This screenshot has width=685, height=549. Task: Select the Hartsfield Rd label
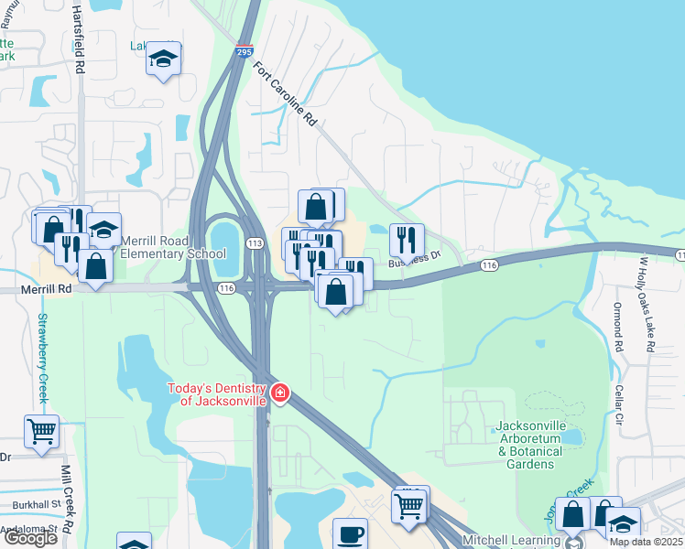pos(80,41)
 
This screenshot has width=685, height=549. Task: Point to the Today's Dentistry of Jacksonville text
pos(216,394)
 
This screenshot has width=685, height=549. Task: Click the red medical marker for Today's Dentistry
pos(280,395)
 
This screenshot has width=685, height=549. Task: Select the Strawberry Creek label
pos(41,359)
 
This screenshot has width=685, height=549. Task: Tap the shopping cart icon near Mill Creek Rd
pos(42,430)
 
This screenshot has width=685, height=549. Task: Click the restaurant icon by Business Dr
pos(407,240)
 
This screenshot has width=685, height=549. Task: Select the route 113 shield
pos(255,242)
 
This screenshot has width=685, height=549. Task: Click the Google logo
pos(30,538)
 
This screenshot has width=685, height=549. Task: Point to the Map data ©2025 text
pos(647,542)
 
